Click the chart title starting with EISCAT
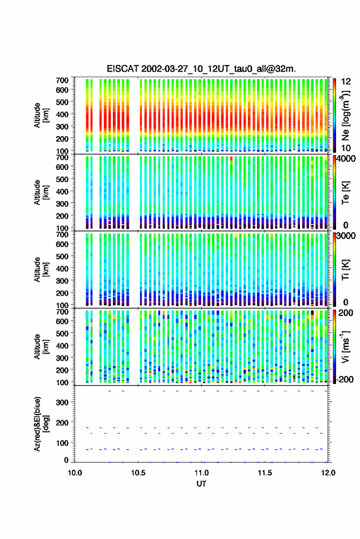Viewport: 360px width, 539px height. [x=201, y=69]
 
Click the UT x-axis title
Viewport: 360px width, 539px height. [x=201, y=484]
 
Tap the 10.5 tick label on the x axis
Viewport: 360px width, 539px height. [x=138, y=473]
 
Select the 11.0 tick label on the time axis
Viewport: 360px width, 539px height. [x=201, y=473]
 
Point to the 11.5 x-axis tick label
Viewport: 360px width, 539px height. [x=264, y=473]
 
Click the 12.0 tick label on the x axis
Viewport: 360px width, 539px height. [x=328, y=473]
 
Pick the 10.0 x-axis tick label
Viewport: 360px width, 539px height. [x=75, y=473]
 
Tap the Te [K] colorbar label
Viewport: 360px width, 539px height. [x=345, y=193]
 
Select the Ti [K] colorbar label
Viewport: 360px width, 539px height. [x=345, y=270]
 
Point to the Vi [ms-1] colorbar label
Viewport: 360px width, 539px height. [x=345, y=346]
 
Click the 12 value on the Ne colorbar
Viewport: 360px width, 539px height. [x=346, y=81]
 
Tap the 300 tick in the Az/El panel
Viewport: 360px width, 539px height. [x=62, y=402]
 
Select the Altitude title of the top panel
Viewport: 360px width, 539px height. [x=41, y=115]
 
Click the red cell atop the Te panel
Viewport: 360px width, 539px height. [x=231, y=158]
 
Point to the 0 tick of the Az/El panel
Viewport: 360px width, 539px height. [x=66, y=460]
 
